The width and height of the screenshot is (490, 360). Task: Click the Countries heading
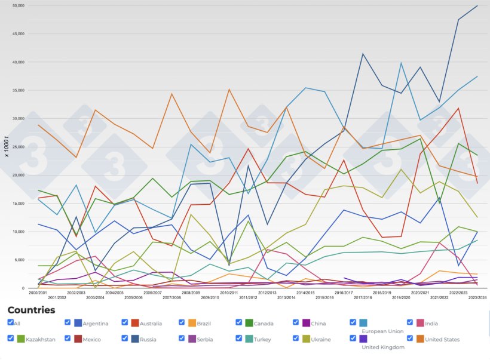click(31, 310)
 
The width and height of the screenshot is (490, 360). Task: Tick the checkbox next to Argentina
click(68, 322)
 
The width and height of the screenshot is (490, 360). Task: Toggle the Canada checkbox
click(240, 322)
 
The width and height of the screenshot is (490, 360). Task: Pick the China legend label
click(318, 324)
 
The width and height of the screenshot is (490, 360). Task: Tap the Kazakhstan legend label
click(41, 340)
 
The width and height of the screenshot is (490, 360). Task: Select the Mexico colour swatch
click(78, 339)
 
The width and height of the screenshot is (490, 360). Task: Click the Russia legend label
click(149, 340)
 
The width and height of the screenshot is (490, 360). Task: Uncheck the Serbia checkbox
click(182, 339)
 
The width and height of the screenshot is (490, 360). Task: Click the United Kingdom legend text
click(383, 346)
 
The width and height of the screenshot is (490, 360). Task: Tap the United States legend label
click(442, 340)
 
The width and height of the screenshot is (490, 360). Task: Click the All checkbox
click(10, 322)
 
